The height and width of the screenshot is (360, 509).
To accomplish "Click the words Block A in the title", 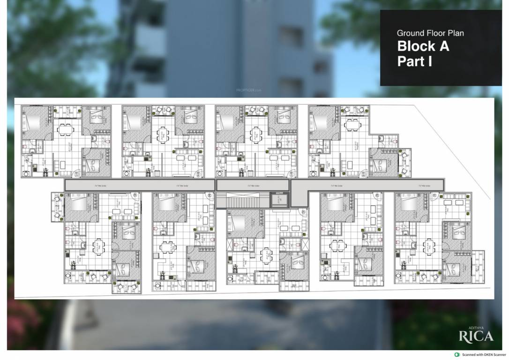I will [x=423, y=46].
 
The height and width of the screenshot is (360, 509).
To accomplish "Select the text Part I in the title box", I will [x=414, y=61].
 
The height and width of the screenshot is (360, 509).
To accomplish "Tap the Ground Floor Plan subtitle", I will [x=430, y=33].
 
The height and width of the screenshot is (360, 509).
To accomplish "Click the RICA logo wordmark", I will [x=476, y=336].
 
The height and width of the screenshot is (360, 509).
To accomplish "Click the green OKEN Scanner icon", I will [x=457, y=355].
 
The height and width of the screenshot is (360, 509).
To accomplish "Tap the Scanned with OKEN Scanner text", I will [x=484, y=355].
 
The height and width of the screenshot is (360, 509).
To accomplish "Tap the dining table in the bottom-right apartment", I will [x=428, y=246].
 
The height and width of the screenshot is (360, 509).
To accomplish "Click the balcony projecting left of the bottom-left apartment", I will [x=57, y=206].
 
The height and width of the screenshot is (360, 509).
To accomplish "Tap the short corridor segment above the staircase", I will [x=252, y=185].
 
